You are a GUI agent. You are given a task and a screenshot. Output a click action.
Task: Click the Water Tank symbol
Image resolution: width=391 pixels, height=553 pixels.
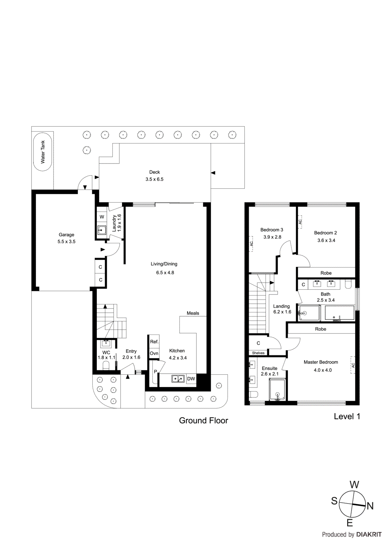(43, 152)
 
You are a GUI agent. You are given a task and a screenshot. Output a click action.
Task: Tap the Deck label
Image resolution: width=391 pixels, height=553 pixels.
(155, 172)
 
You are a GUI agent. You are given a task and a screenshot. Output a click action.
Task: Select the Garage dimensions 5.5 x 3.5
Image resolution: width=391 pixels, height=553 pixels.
(66, 242)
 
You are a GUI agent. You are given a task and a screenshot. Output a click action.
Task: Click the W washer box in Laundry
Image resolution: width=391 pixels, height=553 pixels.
(102, 217)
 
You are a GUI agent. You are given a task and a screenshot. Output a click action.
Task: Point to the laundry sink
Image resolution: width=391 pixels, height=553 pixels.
(102, 230)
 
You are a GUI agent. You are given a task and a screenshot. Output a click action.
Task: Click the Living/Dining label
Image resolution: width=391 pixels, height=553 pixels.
(164, 264)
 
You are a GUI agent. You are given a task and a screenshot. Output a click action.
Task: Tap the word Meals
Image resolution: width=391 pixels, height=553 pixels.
(193, 313)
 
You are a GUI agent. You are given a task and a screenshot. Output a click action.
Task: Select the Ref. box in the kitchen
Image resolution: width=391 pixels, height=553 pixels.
(154, 341)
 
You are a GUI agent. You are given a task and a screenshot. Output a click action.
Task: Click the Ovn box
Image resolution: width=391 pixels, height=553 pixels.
(154, 353)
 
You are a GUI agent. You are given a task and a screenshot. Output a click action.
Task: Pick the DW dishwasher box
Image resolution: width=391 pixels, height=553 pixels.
(191, 379)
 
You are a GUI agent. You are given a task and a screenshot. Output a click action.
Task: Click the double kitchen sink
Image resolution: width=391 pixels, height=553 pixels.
(178, 379)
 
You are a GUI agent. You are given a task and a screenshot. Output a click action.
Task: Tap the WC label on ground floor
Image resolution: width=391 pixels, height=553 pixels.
(106, 353)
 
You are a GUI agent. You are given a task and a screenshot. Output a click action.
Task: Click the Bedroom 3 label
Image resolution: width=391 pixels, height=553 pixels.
(272, 230)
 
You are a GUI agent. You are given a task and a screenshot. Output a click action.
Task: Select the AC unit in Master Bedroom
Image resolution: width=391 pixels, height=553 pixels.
(353, 365)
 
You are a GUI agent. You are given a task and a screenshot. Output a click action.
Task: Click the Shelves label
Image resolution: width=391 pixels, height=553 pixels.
(258, 353)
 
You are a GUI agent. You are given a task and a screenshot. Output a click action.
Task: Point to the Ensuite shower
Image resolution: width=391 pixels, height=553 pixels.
(277, 390)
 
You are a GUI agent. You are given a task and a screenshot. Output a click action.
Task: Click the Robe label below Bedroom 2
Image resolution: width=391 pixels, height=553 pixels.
(326, 273)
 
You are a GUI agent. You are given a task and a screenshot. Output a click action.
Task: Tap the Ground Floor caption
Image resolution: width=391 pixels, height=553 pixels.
(203, 421)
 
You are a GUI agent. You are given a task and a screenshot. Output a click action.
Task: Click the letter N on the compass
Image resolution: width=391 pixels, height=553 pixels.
(370, 506)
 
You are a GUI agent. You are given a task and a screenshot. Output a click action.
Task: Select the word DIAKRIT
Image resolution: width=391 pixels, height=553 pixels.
(369, 535)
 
